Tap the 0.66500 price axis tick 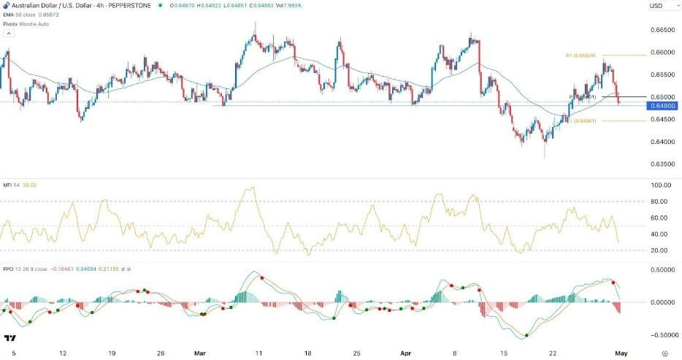662,30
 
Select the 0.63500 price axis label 662,164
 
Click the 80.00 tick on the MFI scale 661,202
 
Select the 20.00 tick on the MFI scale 661,250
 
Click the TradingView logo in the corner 10,339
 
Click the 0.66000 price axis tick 662,53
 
